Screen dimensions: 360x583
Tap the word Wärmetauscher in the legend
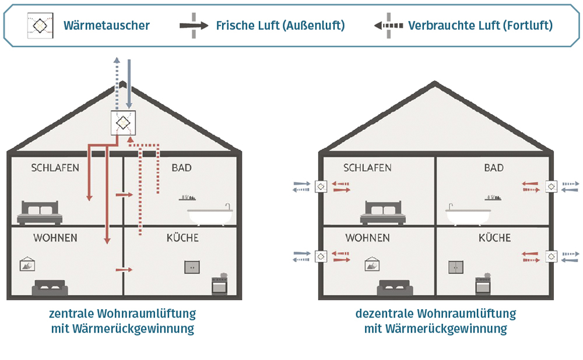[107, 26]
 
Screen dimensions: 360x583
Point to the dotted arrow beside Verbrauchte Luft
[388, 26]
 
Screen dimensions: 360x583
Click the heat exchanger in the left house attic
[122, 123]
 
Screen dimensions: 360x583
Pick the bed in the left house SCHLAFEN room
[40, 213]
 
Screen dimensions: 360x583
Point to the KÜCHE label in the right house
[494, 238]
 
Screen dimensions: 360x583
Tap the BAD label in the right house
[493, 168]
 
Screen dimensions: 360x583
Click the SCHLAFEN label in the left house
[55, 168]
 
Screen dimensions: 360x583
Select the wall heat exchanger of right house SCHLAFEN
[320, 186]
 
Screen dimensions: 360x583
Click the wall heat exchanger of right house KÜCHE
[551, 256]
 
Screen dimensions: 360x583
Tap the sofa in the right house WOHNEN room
[395, 288]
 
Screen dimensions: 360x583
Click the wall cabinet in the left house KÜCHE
[192, 267]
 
